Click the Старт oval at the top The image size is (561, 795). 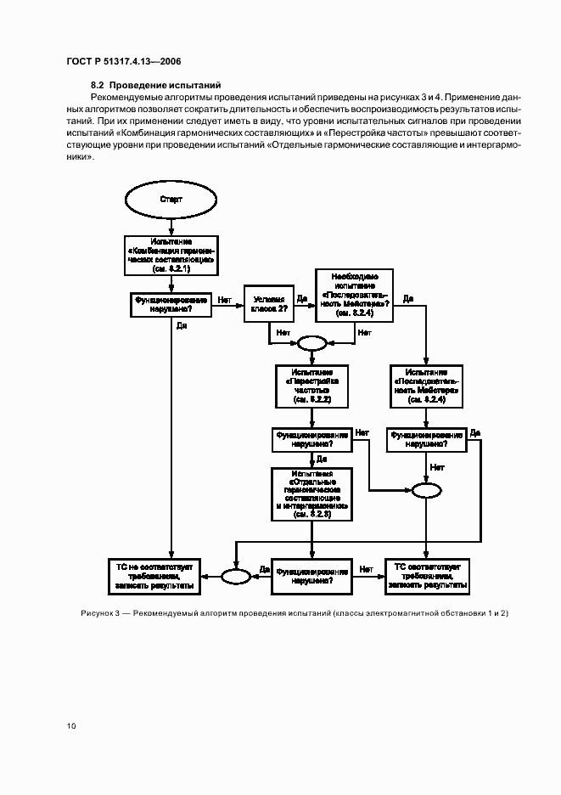[x=171, y=200]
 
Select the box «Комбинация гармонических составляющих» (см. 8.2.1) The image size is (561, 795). [x=171, y=255]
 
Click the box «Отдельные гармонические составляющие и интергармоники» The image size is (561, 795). [x=311, y=493]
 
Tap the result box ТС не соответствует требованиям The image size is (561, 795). [x=156, y=575]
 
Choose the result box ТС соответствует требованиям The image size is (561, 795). [x=426, y=575]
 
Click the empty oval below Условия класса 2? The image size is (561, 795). [x=311, y=344]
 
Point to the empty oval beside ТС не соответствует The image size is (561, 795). [x=235, y=576]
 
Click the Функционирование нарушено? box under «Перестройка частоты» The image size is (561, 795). [x=311, y=439]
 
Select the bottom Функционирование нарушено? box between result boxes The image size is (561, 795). [x=311, y=576]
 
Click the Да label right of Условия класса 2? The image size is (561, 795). [x=302, y=297]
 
